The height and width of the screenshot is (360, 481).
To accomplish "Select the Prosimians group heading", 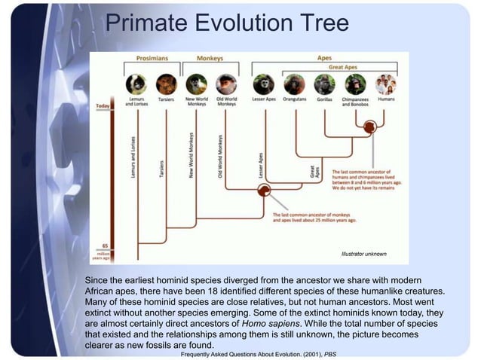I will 152,58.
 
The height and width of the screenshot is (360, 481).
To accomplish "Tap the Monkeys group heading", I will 210,58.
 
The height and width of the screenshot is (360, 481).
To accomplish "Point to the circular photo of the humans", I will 386,84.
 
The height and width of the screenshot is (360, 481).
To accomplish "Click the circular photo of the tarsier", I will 166,84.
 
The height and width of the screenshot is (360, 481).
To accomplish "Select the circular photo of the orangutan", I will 294,84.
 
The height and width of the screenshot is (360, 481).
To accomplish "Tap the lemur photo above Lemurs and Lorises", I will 136,84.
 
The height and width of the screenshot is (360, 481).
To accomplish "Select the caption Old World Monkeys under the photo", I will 225,102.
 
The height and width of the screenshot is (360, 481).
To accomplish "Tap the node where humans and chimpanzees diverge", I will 369,127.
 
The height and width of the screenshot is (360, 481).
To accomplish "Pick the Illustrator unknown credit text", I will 364,254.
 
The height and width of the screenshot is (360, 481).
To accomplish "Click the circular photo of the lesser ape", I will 262,84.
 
